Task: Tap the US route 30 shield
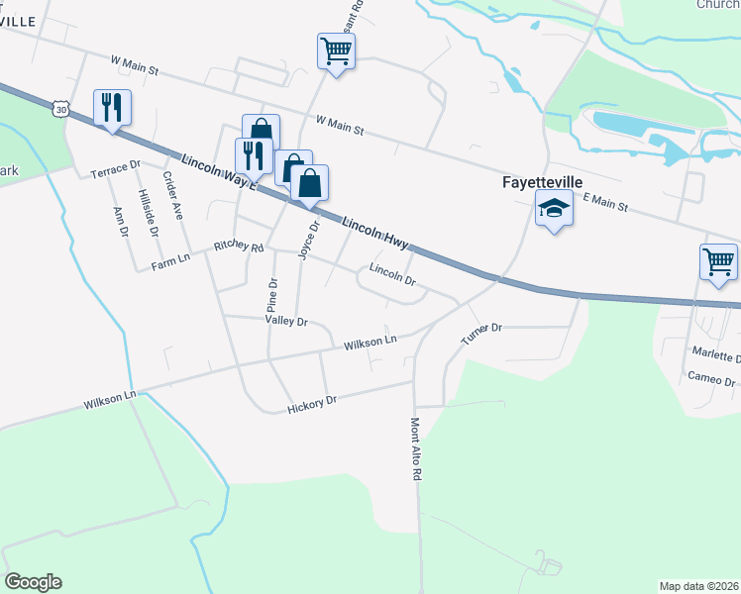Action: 62,110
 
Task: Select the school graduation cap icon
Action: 554,209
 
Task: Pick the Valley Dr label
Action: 287,321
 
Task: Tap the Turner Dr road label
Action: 482,334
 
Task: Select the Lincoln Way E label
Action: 219,172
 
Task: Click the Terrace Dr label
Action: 116,168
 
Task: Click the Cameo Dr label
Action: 713,380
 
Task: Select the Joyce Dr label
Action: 309,240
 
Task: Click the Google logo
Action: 33,582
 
